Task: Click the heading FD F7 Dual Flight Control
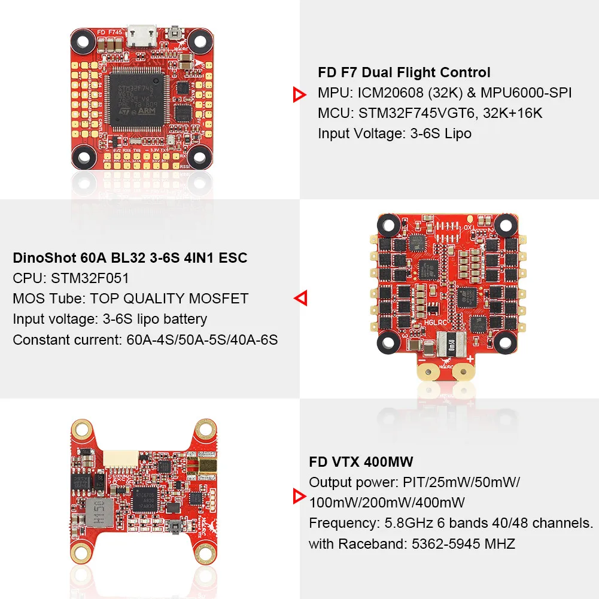tap(404, 72)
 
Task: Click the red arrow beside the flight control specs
tap(299, 94)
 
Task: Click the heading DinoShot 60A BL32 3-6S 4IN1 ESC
tap(130, 258)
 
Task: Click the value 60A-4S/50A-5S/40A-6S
tap(202, 339)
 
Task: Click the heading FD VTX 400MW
tap(361, 461)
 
